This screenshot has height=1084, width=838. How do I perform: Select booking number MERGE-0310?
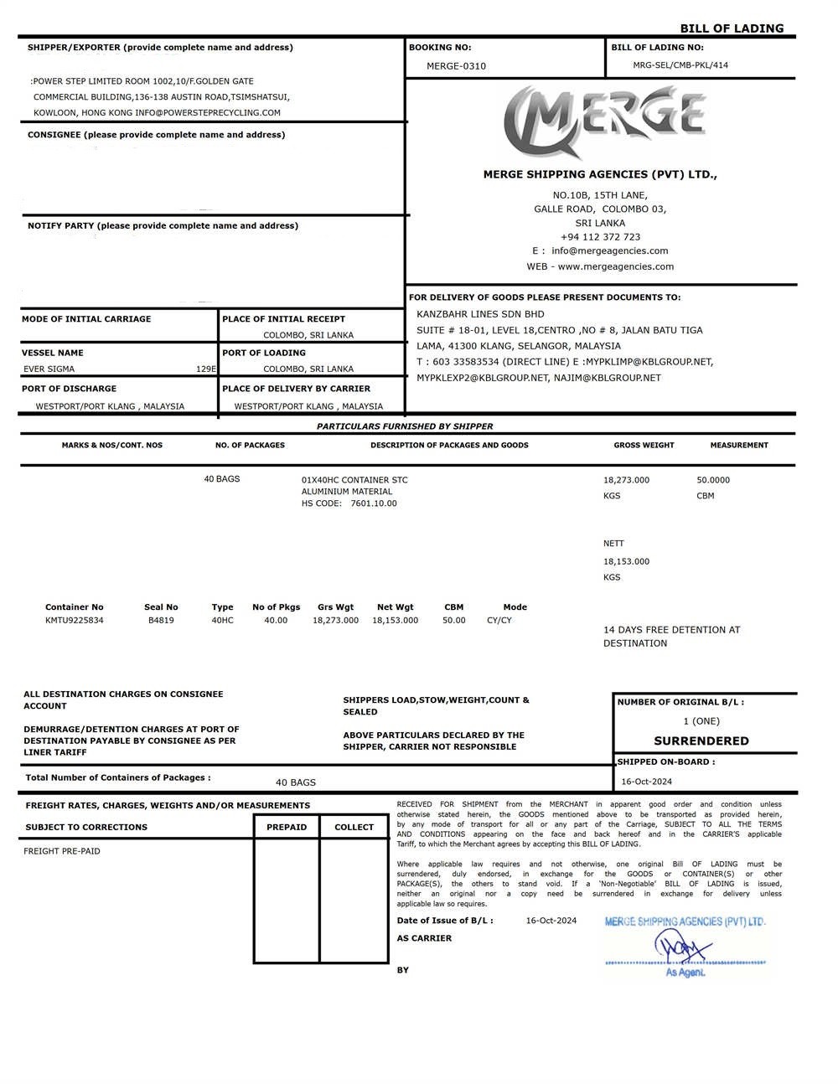coord(456,66)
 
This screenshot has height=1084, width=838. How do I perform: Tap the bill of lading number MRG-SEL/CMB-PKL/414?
coord(680,65)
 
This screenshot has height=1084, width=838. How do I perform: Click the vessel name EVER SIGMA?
coord(49,369)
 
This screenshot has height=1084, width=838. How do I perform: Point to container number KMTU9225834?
coord(75,621)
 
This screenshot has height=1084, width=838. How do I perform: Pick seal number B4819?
coord(161,621)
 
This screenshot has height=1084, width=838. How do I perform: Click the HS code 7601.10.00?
coord(374,503)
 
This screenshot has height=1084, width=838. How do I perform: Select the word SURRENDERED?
coord(701,741)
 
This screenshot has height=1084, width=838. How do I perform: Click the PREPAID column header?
coord(287,828)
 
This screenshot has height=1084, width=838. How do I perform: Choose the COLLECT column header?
coord(354,828)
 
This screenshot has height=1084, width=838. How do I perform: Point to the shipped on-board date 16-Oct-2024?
coord(647,782)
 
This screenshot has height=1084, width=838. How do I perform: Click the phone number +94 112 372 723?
coord(600,237)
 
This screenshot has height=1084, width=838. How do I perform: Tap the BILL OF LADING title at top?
coord(732,28)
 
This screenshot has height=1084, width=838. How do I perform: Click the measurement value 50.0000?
coord(713,480)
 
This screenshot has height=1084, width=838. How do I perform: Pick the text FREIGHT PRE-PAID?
coord(62,851)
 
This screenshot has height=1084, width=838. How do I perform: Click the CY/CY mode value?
coord(499,621)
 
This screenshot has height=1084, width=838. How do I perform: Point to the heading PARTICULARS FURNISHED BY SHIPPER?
coord(405,426)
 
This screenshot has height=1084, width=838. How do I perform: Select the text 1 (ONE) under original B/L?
coord(701,721)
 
